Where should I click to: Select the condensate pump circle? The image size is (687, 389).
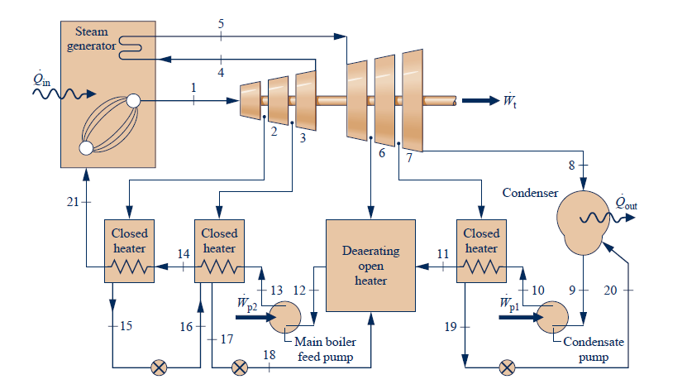[549, 315]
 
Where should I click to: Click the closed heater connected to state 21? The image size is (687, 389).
[129, 250]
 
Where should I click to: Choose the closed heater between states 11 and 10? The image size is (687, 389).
[481, 250]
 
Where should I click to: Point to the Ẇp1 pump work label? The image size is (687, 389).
[510, 302]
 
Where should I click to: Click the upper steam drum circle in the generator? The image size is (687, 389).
[134, 101]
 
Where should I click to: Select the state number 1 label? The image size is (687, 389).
[193, 87]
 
